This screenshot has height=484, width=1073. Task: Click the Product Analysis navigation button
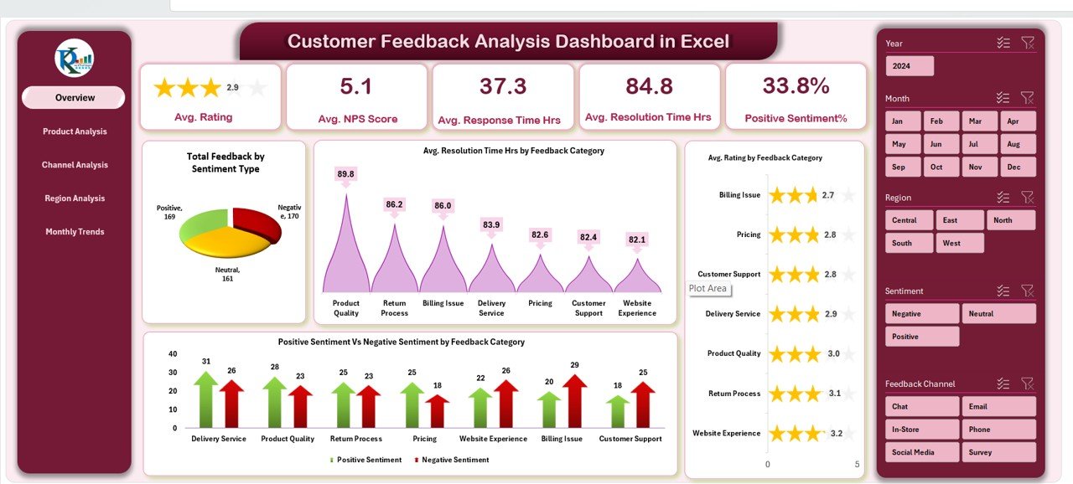click(75, 131)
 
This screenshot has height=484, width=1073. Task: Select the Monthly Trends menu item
click(75, 232)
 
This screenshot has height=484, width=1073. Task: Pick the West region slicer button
click(951, 243)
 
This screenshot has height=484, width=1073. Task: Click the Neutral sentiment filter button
click(998, 314)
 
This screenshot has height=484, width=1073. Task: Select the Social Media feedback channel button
click(921, 452)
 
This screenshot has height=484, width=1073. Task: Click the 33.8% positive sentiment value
click(796, 86)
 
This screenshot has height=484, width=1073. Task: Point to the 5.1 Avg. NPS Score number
click(356, 86)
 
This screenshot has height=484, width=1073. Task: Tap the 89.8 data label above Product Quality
click(345, 174)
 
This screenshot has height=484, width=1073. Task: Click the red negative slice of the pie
click(256, 222)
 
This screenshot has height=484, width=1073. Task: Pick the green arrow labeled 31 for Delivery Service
click(205, 399)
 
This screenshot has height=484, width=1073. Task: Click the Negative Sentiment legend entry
click(454, 460)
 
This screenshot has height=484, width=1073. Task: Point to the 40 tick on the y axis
click(172, 353)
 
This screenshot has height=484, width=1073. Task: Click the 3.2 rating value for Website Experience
click(837, 434)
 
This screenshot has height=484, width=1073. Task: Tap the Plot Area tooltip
click(707, 288)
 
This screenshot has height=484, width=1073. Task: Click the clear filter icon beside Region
click(1027, 198)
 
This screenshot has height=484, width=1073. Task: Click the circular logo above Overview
click(75, 59)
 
